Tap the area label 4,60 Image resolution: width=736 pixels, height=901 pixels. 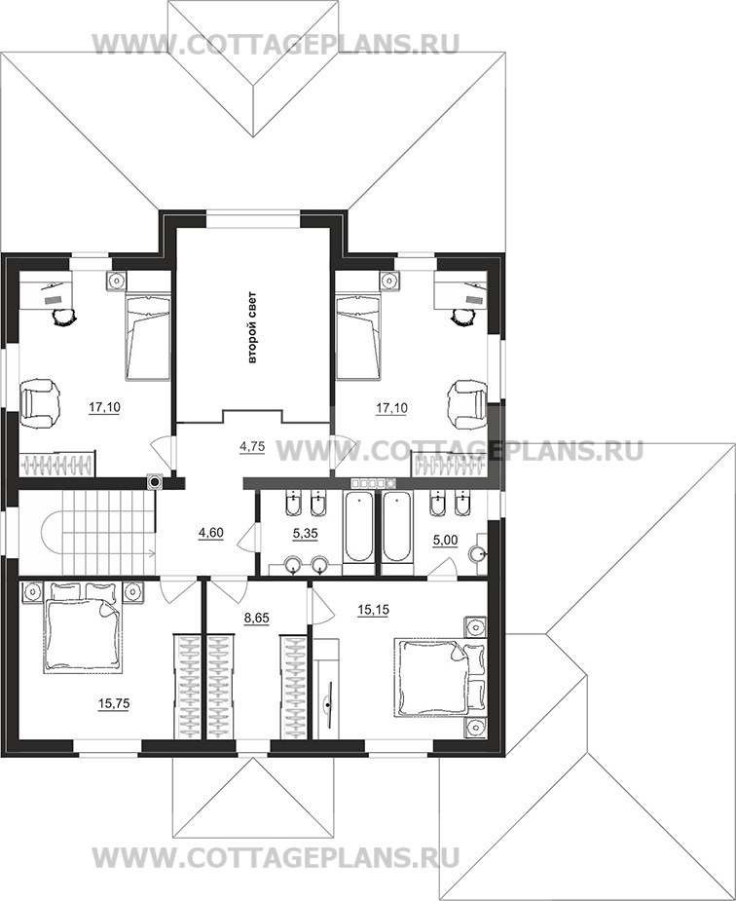[210, 533]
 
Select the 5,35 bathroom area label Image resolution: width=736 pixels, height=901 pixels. [305, 533]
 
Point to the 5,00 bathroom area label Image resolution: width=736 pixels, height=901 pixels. [445, 541]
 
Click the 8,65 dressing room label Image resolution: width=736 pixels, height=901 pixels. [257, 619]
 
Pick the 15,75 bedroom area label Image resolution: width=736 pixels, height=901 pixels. [114, 703]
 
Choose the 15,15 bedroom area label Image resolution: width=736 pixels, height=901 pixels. [373, 610]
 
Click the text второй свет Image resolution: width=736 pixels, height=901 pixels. [252, 327]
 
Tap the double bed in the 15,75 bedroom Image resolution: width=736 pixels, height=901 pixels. [84, 628]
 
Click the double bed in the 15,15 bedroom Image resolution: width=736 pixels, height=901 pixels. [440, 678]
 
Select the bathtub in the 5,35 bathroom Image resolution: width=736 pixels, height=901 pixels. [358, 527]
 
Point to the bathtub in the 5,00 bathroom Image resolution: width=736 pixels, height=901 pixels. [397, 527]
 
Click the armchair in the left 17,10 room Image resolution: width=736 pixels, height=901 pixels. [40, 402]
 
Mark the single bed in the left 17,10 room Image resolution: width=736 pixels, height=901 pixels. [148, 337]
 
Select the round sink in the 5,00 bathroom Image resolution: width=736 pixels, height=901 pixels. [478, 554]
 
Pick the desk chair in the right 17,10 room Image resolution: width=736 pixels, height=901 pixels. [462, 317]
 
